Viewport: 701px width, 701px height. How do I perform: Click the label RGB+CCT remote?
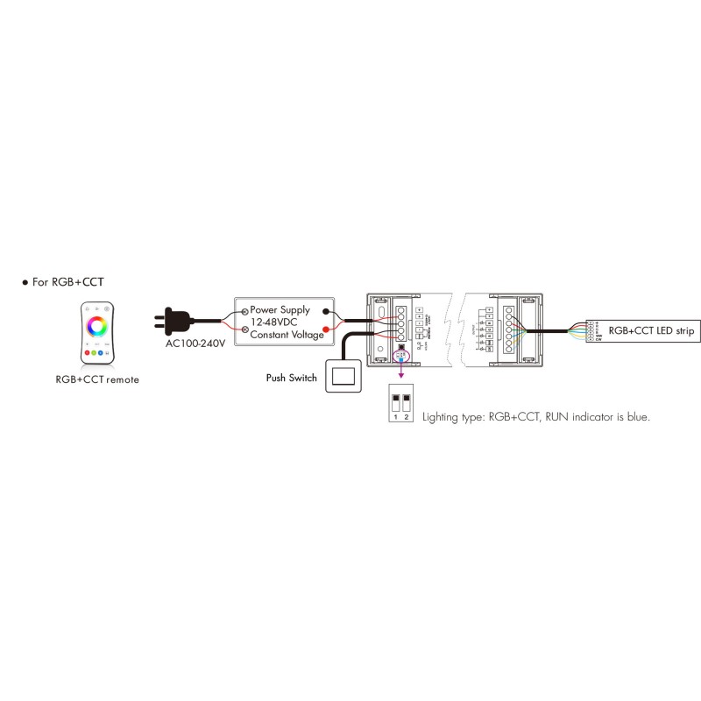coord(97,379)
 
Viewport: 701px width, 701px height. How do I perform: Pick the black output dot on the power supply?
coord(327,311)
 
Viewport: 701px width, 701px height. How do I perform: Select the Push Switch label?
coord(292,379)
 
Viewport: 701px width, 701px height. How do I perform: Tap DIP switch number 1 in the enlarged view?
coord(396,403)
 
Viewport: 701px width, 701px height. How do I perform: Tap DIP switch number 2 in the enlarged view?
coord(407,403)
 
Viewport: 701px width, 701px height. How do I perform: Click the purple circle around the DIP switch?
coord(401,354)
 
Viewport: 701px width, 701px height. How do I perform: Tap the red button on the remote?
coord(89,352)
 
